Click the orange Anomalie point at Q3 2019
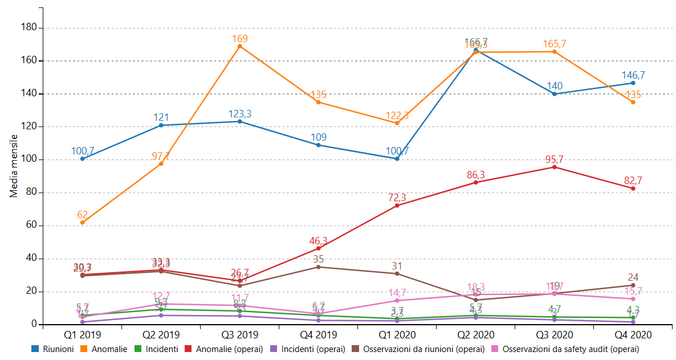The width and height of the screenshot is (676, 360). [x=239, y=46]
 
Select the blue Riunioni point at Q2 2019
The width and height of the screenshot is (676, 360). [x=161, y=125]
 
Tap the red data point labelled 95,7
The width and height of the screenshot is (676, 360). [x=554, y=167]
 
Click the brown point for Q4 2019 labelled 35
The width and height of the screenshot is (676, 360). [x=318, y=267]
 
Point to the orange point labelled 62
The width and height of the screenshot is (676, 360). [x=83, y=222]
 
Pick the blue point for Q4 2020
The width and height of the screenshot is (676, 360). [x=633, y=83]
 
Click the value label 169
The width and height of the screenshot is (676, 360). [x=239, y=39]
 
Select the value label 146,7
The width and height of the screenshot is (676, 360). [x=633, y=75]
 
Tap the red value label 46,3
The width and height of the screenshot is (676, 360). [x=318, y=241]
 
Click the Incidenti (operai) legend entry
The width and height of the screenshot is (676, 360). [x=312, y=349]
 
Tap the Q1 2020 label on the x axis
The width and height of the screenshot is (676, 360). [x=397, y=335]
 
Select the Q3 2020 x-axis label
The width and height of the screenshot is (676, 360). [x=554, y=335]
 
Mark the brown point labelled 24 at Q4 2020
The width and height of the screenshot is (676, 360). [x=633, y=285]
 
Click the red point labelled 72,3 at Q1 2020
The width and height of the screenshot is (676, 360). [x=397, y=205]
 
